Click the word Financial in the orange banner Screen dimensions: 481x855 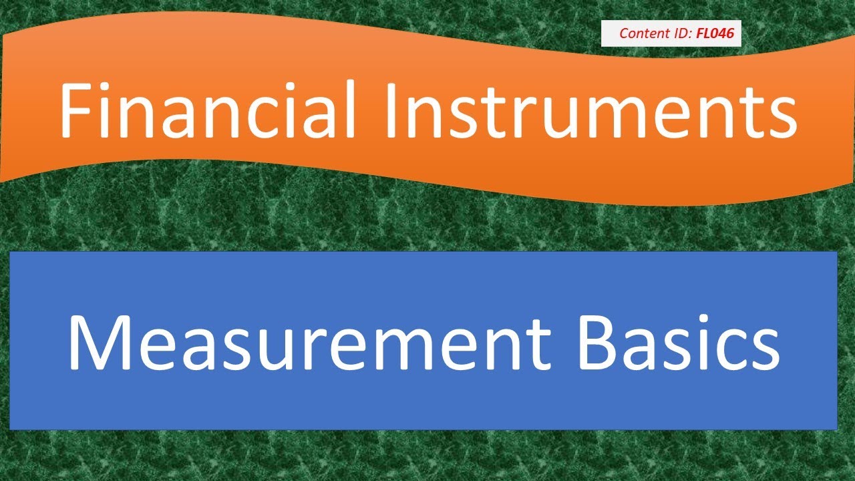pyautogui.click(x=207, y=110)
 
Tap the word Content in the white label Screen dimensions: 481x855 pyautogui.click(x=641, y=33)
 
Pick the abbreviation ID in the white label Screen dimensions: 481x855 pyautogui.click(x=679, y=33)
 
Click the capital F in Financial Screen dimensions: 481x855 pyautogui.click(x=75, y=110)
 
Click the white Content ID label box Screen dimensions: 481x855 pyautogui.click(x=671, y=33)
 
